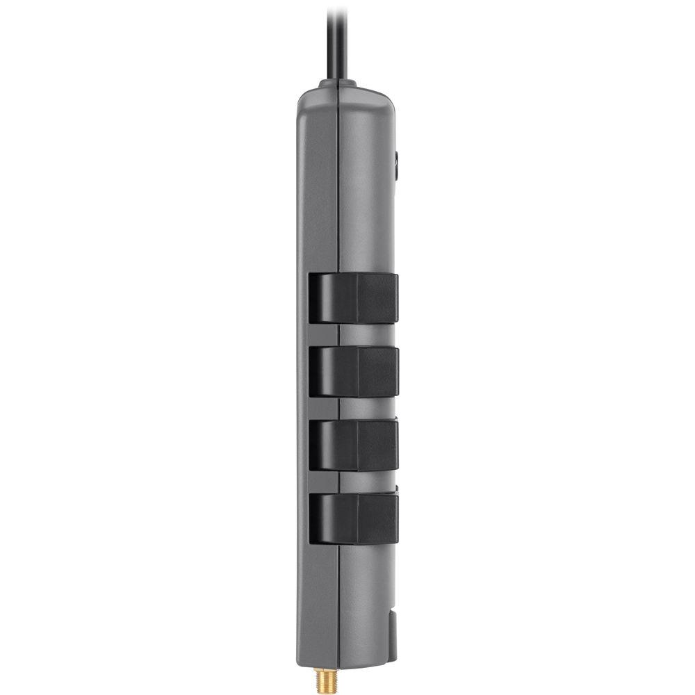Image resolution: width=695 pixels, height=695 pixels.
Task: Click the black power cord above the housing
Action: (336, 42)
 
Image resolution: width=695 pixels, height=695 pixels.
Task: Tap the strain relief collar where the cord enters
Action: (338, 84)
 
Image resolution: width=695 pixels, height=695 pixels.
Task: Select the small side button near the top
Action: (396, 165)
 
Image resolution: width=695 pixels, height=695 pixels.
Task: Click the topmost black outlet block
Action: (354, 298)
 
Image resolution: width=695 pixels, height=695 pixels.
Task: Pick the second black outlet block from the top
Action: (354, 372)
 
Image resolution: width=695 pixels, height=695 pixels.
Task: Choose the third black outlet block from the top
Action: (354, 445)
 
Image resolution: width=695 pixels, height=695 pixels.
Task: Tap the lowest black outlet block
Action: (354, 518)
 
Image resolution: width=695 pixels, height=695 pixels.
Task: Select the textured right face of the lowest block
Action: (377, 518)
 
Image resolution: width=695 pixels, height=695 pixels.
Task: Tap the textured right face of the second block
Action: (377, 372)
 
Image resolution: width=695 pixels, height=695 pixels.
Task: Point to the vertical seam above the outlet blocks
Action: (338, 188)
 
